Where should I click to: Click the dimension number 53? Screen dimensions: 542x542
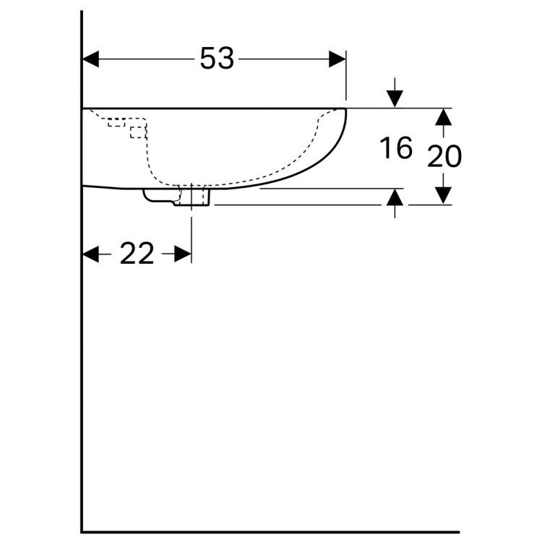[217, 59]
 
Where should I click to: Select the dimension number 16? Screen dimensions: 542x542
[396, 149]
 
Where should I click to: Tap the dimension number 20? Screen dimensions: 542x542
[444, 156]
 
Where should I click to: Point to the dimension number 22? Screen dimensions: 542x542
[137, 254]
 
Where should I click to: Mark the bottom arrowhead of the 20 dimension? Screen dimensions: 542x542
[443, 196]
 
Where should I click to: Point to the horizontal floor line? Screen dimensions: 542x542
[275, 532]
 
